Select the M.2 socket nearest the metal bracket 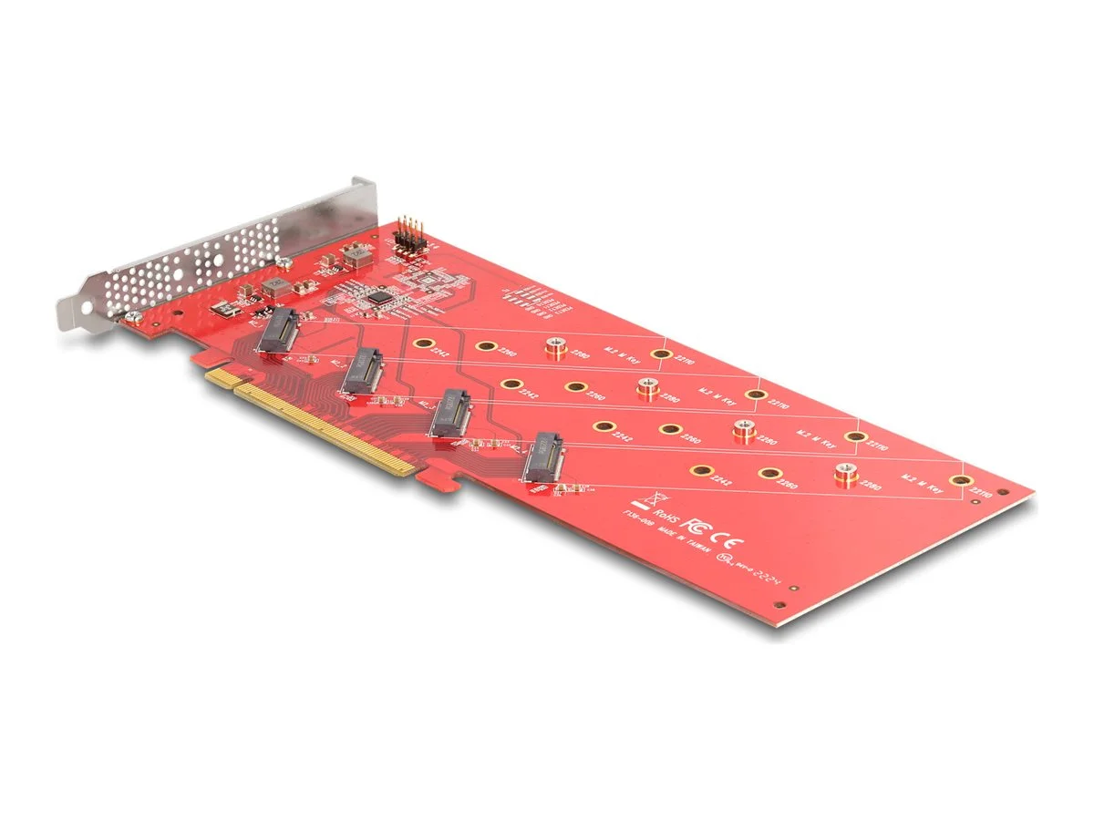pos(278,331)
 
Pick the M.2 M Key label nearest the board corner pos(921,480)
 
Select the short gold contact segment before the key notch pos(219,375)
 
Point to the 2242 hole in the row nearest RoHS pos(701,470)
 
